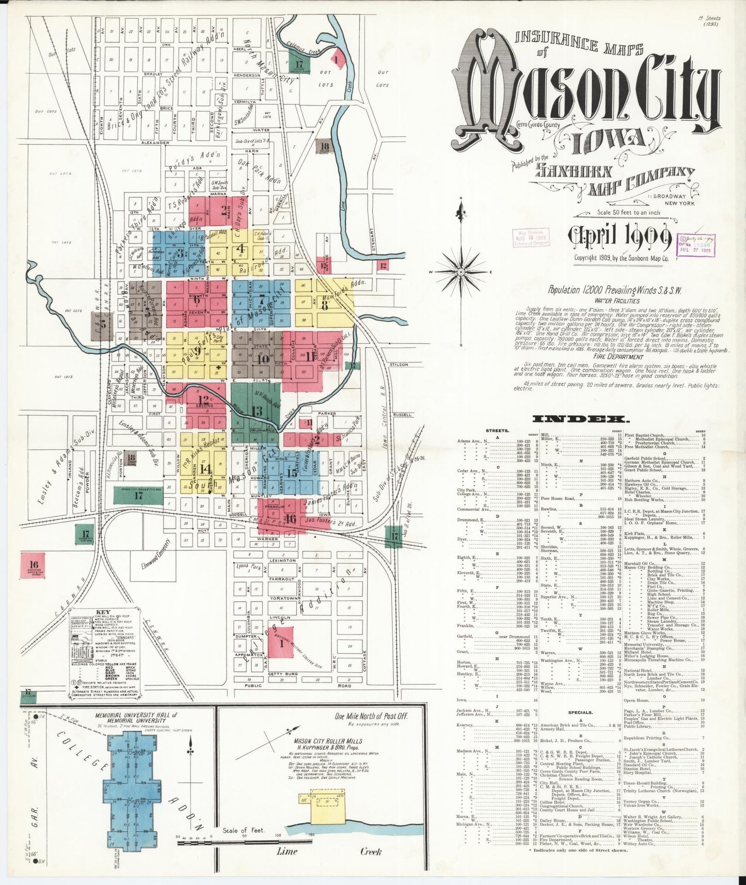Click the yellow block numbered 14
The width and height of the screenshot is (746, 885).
coord(205,468)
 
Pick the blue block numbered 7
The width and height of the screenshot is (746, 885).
coord(261,299)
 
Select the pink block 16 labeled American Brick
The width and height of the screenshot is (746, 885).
coord(34,564)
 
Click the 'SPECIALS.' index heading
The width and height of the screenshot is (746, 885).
coord(581,712)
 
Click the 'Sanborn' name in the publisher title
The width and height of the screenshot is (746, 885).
coord(574,171)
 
